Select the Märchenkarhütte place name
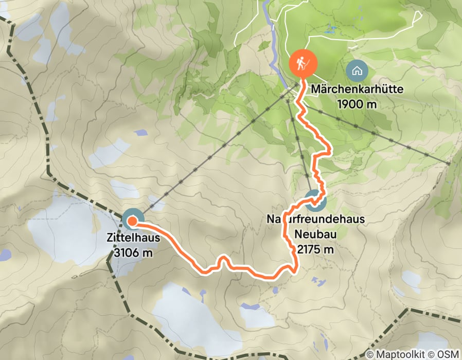(x=356, y=89)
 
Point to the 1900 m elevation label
(x=356, y=103)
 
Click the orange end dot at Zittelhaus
(x=132, y=221)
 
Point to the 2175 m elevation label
(x=315, y=249)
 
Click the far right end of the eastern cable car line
(x=449, y=163)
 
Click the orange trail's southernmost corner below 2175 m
(x=295, y=268)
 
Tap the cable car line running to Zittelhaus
(x=216, y=154)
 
